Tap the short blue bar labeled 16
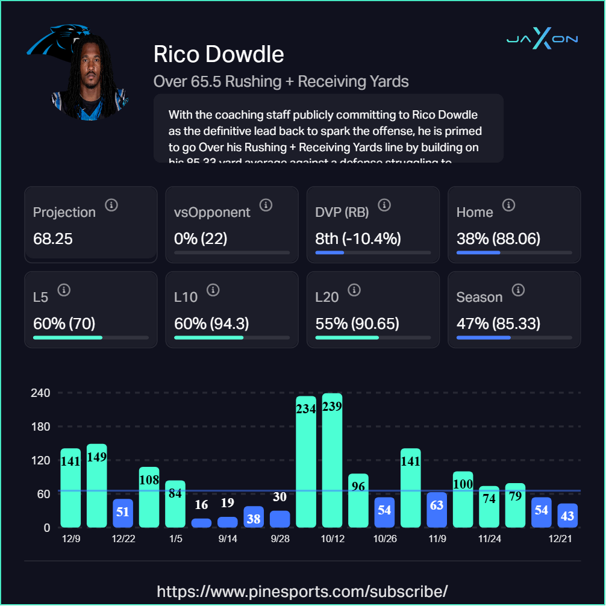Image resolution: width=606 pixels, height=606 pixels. point(201,523)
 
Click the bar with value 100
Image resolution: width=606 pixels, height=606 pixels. point(463,499)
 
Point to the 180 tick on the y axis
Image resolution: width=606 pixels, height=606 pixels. point(41,426)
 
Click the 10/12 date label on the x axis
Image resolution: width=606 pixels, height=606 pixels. point(333,539)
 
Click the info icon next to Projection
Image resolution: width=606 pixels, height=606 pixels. point(111,205)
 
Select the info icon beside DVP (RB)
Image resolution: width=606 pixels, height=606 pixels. point(384,205)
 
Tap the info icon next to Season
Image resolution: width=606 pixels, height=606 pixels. point(517,290)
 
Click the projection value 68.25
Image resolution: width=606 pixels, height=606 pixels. point(53,239)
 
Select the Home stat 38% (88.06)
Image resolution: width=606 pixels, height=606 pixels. point(498,239)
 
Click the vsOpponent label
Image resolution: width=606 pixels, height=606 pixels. point(212,213)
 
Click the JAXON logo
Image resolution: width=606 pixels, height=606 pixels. point(542,39)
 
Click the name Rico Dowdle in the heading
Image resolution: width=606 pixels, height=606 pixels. point(219,54)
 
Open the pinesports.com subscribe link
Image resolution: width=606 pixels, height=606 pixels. point(302,590)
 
